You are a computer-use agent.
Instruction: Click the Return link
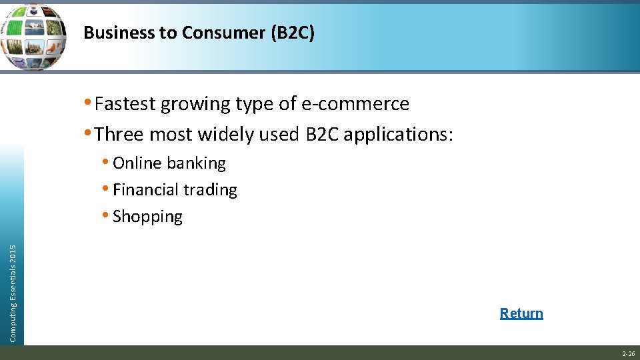521,313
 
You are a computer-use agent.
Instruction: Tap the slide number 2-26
628,354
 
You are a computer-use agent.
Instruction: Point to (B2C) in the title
291,33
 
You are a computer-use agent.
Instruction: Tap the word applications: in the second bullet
398,135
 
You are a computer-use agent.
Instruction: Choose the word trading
210,190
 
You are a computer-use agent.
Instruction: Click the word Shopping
147,217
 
